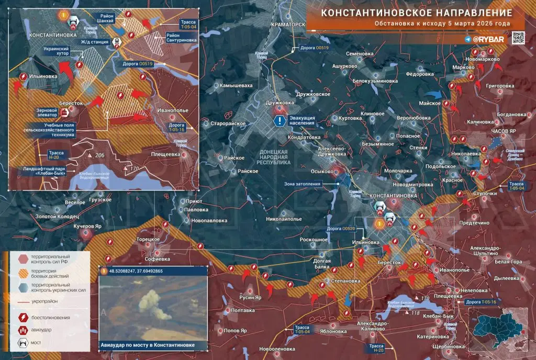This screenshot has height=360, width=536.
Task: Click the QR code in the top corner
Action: point(518,38)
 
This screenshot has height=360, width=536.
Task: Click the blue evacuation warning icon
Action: point(281,121)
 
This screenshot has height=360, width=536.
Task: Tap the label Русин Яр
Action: point(250,298)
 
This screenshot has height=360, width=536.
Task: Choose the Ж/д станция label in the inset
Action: point(95,42)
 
